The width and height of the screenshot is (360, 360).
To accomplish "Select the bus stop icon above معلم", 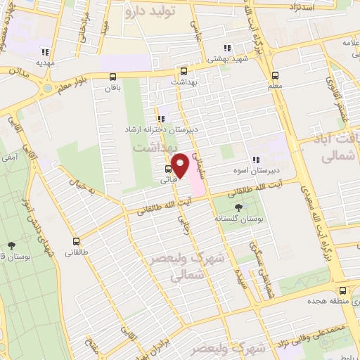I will [x=275, y=75].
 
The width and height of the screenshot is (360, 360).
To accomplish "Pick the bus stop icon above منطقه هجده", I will [x=342, y=290].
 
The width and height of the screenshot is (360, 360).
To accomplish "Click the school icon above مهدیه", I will [x=46, y=51].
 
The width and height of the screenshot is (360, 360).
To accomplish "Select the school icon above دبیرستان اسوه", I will [x=256, y=160].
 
